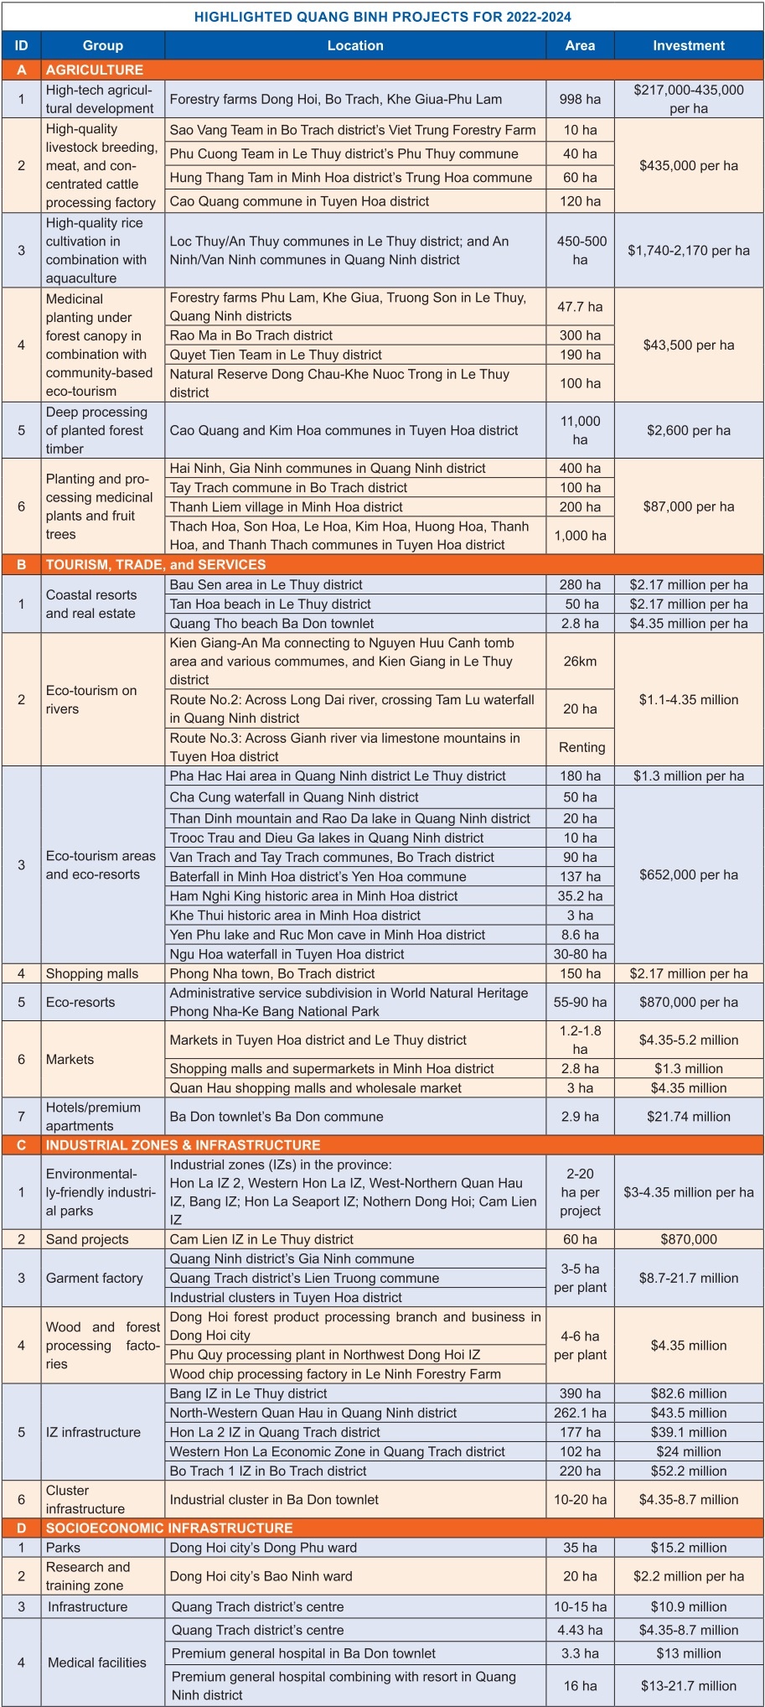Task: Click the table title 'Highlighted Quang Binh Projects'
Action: tap(382, 17)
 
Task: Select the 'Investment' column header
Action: tap(689, 46)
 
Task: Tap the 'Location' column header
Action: tap(355, 46)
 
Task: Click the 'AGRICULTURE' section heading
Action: tap(95, 70)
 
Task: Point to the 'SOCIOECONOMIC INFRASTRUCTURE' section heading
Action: tap(169, 1528)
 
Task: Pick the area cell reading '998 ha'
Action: tap(580, 99)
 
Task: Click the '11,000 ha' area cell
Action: tap(580, 430)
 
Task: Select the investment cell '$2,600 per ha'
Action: tap(689, 430)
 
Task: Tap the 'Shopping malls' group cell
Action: tap(92, 973)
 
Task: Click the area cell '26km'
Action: tap(580, 662)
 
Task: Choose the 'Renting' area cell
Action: tap(582, 747)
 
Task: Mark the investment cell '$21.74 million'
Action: tap(689, 1117)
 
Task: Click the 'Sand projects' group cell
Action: tap(87, 1239)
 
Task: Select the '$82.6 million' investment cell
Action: tap(689, 1393)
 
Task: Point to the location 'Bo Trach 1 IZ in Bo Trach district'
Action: tap(268, 1471)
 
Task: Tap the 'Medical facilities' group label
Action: tap(97, 1663)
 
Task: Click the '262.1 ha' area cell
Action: tap(580, 1413)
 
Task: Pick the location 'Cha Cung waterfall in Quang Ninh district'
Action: tap(294, 797)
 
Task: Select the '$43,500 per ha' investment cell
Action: tap(689, 345)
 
